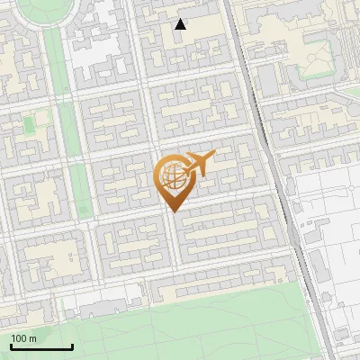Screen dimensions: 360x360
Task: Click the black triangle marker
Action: pyautogui.click(x=181, y=24)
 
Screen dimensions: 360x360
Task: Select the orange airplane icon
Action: pyautogui.click(x=198, y=164)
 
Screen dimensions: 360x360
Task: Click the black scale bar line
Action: pyautogui.click(x=41, y=347)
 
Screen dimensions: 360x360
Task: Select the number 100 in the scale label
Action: pyautogui.click(x=19, y=338)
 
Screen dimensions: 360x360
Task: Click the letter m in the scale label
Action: pyautogui.click(x=33, y=339)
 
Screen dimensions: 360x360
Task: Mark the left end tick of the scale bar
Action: pyautogui.click(x=11, y=346)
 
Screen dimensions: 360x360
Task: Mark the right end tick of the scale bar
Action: pyautogui.click(x=72, y=346)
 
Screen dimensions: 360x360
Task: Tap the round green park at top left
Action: pyautogui.click(x=41, y=8)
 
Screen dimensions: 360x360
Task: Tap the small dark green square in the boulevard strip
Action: pyautogui.click(x=84, y=210)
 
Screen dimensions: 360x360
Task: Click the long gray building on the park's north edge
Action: pyautogui.click(x=216, y=287)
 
